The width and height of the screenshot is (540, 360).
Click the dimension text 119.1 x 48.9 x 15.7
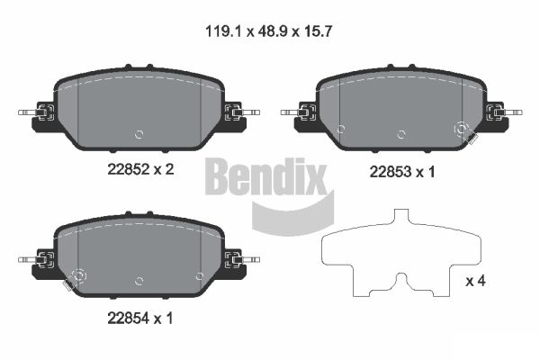tap(268, 31)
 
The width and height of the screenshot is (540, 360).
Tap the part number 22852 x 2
tap(140, 169)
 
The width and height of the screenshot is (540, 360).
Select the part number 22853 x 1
tap(402, 172)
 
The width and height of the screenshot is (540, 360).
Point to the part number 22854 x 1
tap(139, 319)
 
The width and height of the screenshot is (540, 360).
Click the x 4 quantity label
tap(475, 281)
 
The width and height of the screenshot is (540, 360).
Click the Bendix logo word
tap(265, 176)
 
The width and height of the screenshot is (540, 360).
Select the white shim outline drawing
tap(400, 253)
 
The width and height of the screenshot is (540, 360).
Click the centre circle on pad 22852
tap(139, 134)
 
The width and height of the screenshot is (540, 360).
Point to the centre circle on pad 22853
tap(400, 135)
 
